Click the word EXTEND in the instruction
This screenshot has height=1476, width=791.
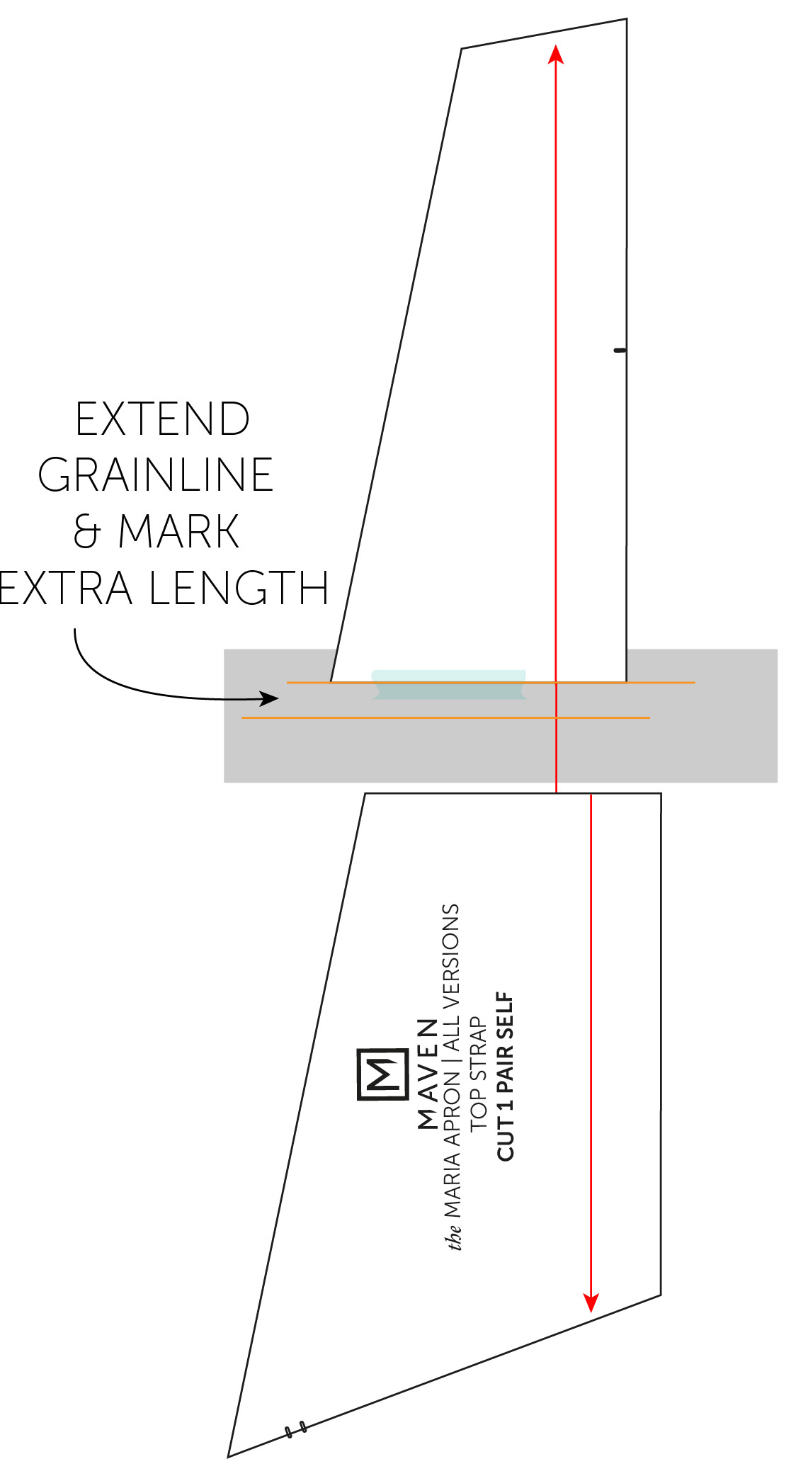tap(162, 419)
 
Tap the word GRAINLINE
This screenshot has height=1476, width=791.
tap(156, 475)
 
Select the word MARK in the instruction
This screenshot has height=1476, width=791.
tap(179, 531)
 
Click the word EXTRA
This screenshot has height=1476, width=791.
tap(66, 588)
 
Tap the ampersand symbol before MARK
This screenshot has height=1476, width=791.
tap(86, 531)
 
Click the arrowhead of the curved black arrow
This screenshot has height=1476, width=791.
tap(269, 698)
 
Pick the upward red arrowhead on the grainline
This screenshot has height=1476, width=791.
tap(556, 54)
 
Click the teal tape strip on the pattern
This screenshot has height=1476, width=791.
tap(449, 684)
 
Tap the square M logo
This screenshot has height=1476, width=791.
tap(383, 1074)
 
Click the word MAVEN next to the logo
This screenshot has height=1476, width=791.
tap(428, 1074)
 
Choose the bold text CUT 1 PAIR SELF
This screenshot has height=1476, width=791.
tap(505, 1076)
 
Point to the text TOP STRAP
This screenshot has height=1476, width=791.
tap(479, 1074)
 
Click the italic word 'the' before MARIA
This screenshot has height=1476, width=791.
tap(454, 1236)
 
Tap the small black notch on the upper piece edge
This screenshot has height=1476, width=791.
tap(620, 350)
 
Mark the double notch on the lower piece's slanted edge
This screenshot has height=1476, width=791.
tap(296, 1429)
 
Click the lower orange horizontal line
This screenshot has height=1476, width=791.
tap(445, 717)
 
